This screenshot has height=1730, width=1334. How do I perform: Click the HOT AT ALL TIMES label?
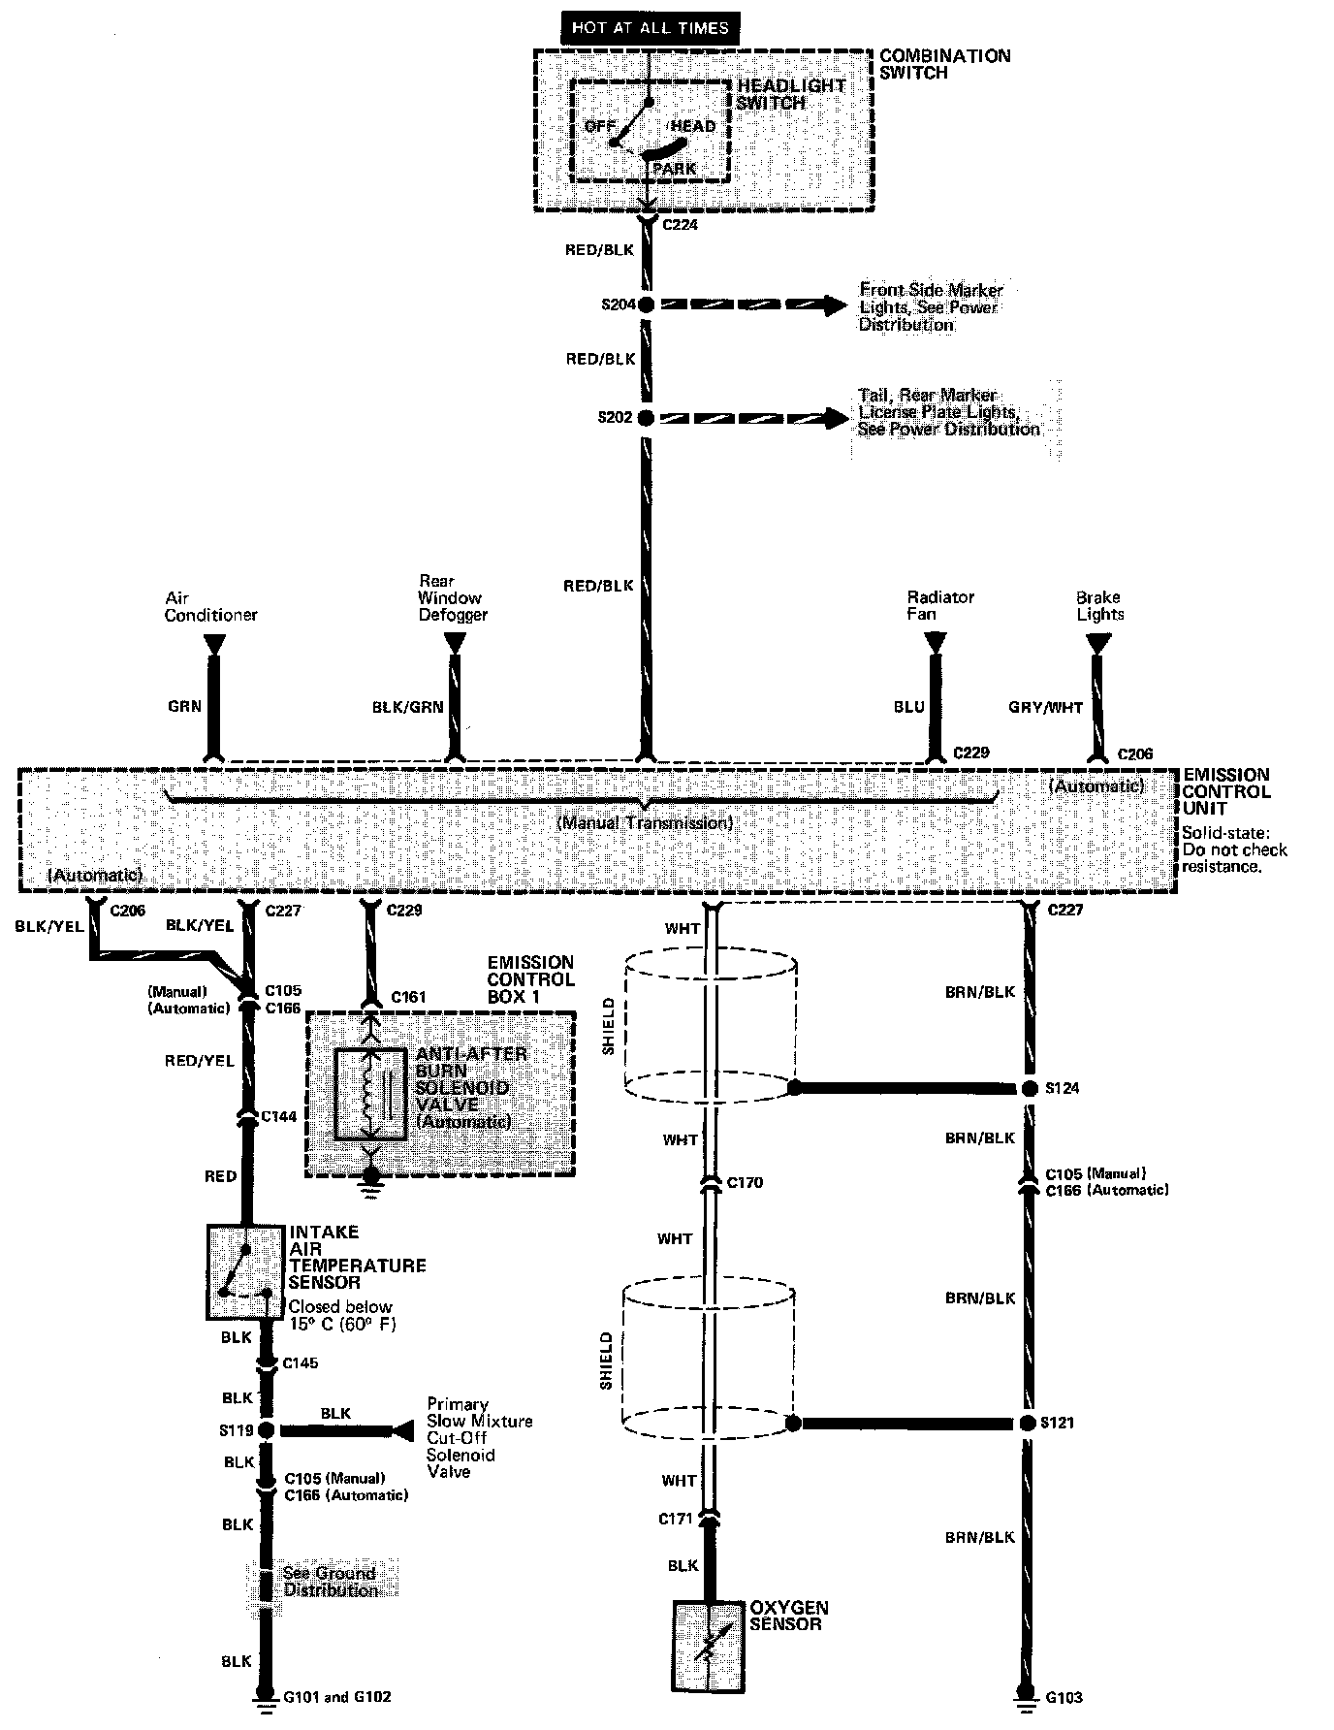coord(650,27)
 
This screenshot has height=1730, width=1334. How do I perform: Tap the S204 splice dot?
coord(645,304)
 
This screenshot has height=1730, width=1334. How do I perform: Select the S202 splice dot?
coord(645,418)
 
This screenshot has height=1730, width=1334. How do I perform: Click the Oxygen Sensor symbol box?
coord(709,1645)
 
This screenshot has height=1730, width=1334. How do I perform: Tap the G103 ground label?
coord(1064,1697)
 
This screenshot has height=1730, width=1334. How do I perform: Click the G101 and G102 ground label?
coord(337,1697)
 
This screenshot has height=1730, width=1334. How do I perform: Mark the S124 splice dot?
coord(1029,1089)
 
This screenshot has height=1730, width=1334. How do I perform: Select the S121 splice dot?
coord(1029,1424)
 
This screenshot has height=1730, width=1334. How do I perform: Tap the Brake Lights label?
coord(1098,605)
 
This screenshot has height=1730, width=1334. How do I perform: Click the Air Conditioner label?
coord(210,607)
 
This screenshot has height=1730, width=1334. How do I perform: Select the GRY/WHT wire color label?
coord(1045,707)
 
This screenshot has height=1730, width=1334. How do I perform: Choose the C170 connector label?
coord(744,1182)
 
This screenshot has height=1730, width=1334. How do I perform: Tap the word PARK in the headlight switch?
coord(674,169)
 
